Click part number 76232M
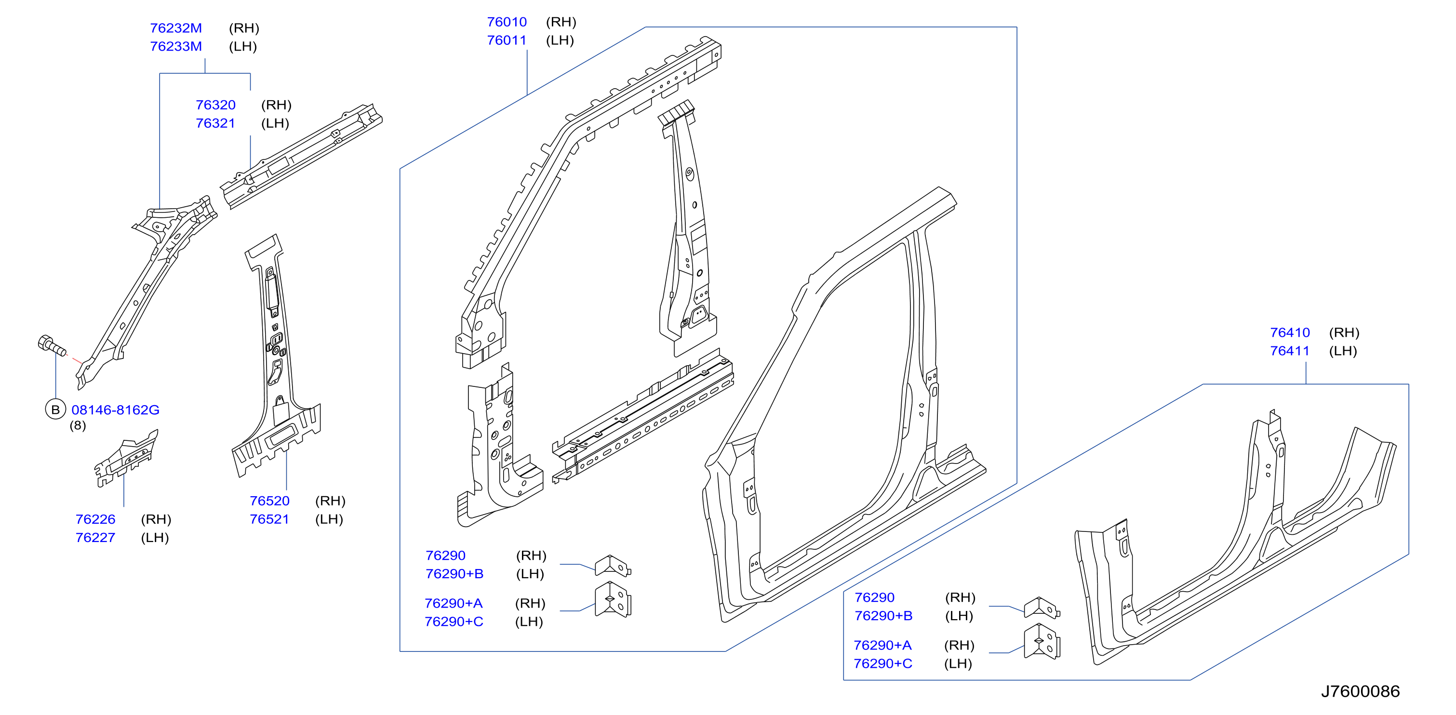[x=176, y=27]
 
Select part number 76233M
[x=176, y=46]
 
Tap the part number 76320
[x=215, y=105]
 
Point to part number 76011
[x=507, y=40]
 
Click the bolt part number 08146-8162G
[x=115, y=410]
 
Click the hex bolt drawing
[x=52, y=345]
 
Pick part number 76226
[x=95, y=519]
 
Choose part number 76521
[x=269, y=519]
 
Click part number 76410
[x=1290, y=332]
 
